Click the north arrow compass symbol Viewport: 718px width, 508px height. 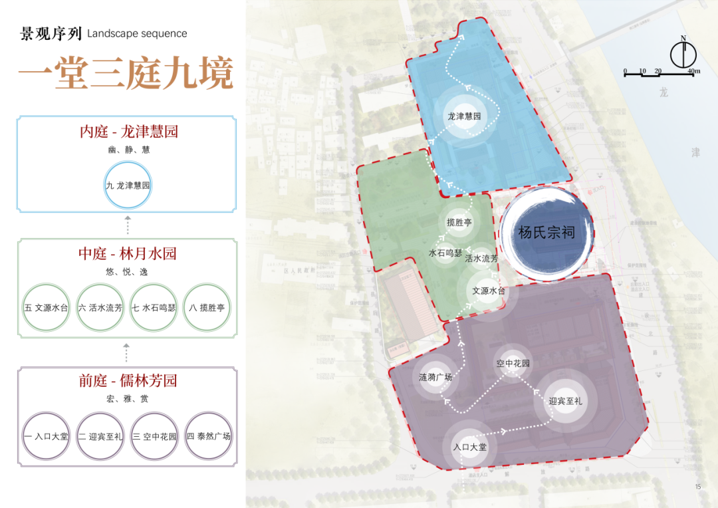coord(682,54)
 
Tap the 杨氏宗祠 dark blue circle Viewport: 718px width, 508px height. coord(546,232)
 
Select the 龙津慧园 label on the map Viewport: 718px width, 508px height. coord(463,116)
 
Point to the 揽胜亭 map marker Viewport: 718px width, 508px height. coord(459,223)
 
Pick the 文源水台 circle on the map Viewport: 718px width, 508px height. coord(489,291)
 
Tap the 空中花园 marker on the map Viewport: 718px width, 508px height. coord(513,364)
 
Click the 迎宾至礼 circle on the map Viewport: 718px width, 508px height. coord(566,401)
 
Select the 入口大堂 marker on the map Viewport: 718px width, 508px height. coord(470,447)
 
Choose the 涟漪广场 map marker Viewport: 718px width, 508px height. coord(435,377)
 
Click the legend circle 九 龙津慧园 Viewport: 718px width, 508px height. coord(128,186)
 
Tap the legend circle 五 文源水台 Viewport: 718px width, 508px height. coord(46,308)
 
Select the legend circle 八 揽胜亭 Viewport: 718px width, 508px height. coord(207,308)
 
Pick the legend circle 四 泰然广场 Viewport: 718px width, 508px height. coord(207,436)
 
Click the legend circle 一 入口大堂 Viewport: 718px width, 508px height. coord(46,436)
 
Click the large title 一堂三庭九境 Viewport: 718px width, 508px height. coord(126,73)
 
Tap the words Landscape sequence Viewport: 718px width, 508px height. coord(137,33)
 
